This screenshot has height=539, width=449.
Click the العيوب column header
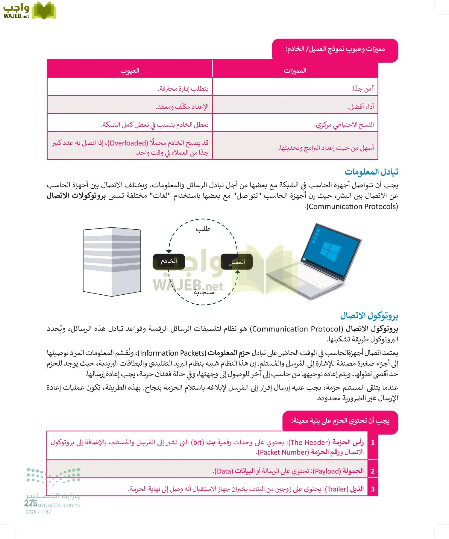coord(130,71)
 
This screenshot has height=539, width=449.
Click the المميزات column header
coord(295,71)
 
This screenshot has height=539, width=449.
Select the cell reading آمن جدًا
coord(362,89)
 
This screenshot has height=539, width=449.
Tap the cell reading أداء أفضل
coord(360,107)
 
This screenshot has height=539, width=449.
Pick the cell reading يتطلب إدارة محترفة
coord(183,89)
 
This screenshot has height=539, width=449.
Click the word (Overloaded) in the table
coord(128,143)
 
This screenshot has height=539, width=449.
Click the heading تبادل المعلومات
coord(371,172)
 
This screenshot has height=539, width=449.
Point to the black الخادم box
coord(169,261)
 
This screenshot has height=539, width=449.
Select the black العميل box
coord(236,262)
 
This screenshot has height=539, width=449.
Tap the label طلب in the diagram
coord(203,229)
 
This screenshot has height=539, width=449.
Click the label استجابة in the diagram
coord(204,292)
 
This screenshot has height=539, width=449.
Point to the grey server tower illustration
coord(112,262)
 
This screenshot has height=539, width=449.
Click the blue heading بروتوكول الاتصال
coord(369,316)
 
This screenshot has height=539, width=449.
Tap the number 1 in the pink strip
coord(373,443)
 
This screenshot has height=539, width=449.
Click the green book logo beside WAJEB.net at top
coord(44,11)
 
